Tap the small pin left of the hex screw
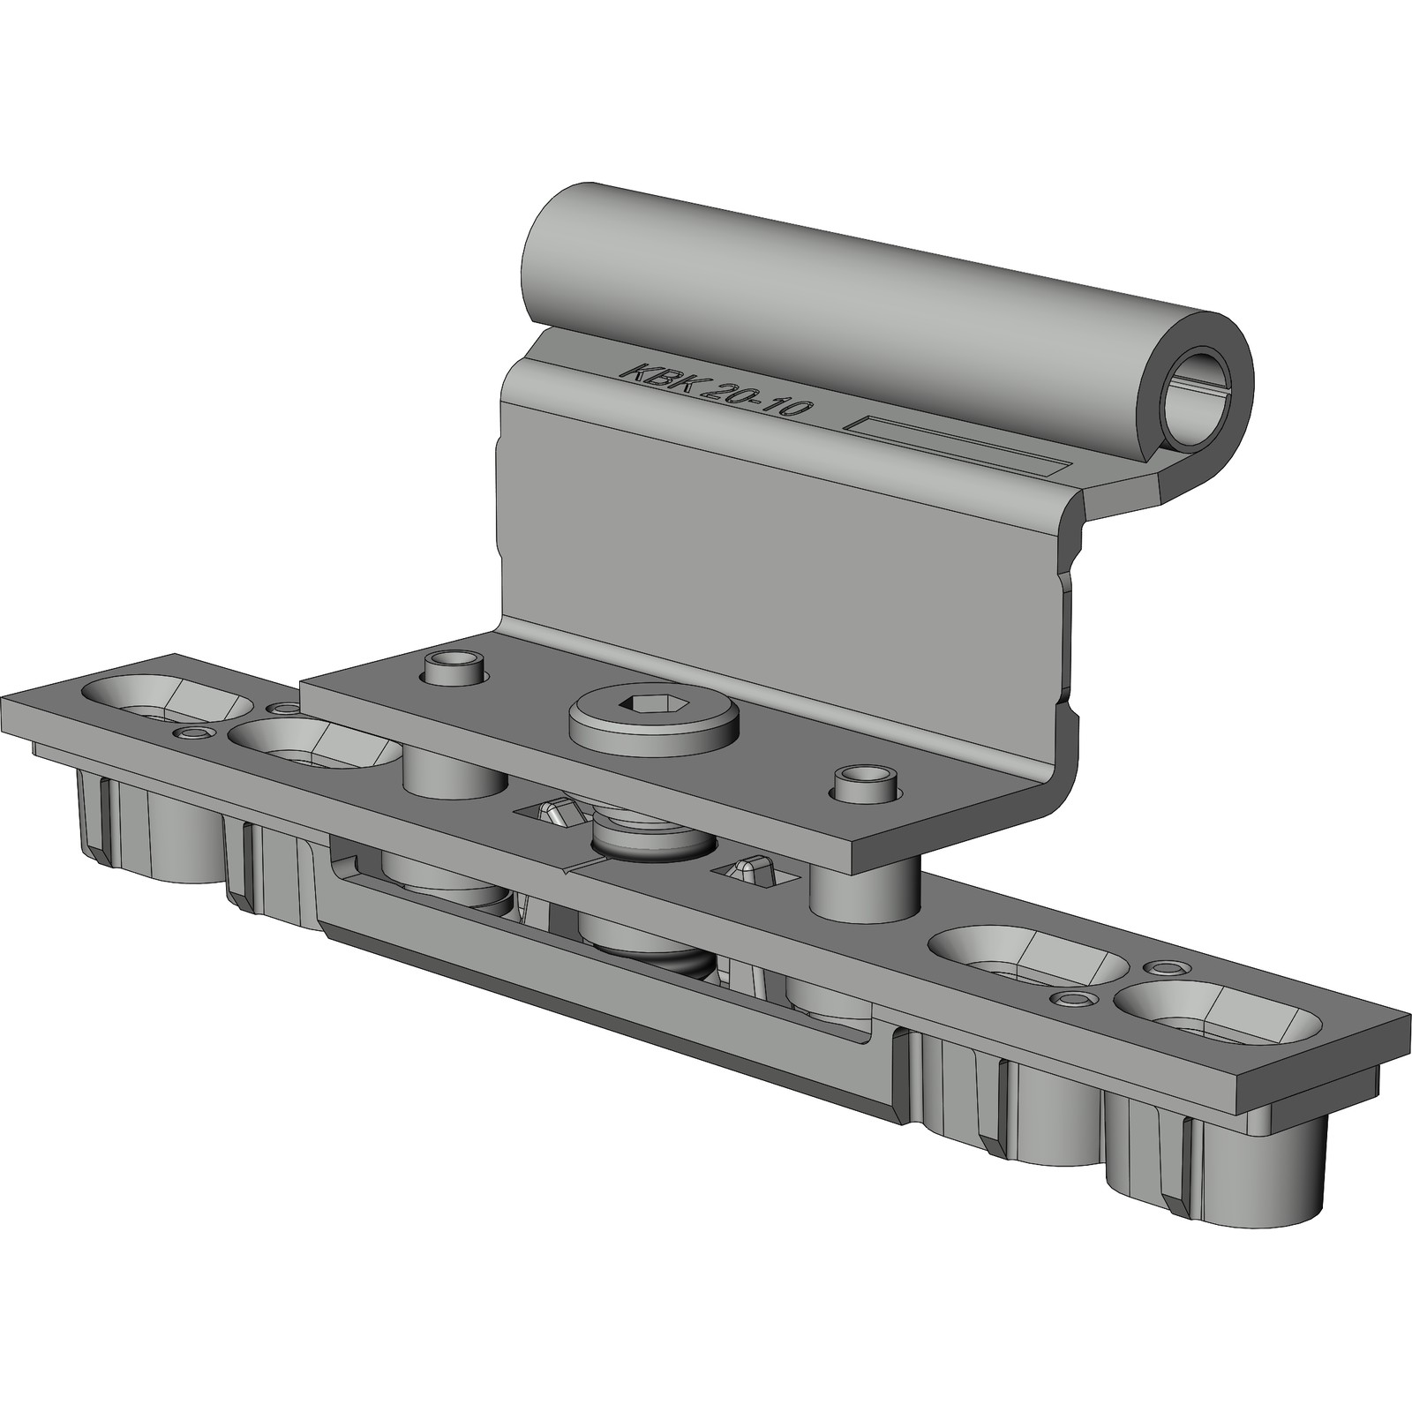453,668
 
